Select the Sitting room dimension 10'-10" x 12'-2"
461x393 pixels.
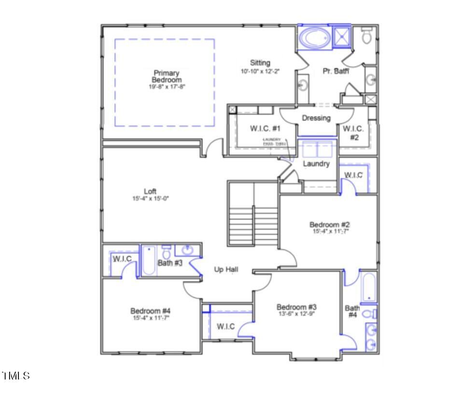[260, 71]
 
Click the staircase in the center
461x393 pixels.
[252, 213]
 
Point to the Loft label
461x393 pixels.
[150, 191]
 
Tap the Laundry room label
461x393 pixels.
[316, 164]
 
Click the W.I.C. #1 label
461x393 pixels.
[265, 129]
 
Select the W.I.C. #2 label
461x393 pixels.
[353, 133]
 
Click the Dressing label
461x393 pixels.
[316, 118]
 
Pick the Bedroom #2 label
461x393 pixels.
[329, 225]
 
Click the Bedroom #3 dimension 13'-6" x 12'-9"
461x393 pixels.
[296, 314]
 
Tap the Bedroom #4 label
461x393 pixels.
[151, 311]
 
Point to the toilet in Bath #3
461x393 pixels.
[166, 252]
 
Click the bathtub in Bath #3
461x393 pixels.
[149, 260]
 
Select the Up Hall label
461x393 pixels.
[226, 270]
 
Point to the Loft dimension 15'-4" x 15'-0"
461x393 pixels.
[150, 198]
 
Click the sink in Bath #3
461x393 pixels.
[187, 250]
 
